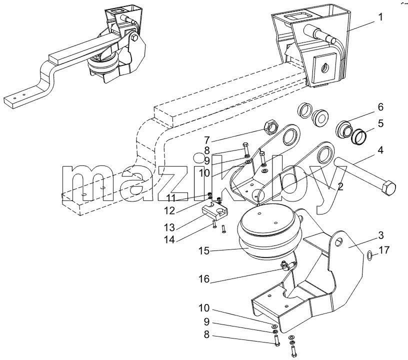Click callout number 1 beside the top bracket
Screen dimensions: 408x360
pyautogui.click(x=380, y=17)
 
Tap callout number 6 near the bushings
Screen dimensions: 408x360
pyautogui.click(x=380, y=107)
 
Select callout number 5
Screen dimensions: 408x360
pyautogui.click(x=380, y=123)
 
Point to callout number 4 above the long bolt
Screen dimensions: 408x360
pyautogui.click(x=380, y=150)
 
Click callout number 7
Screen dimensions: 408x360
pyautogui.click(x=207, y=140)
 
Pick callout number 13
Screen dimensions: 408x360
pyautogui.click(x=169, y=227)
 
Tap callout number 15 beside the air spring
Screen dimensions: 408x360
pyautogui.click(x=204, y=251)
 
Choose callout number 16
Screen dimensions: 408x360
pyautogui.click(x=204, y=279)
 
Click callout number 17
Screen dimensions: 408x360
pyautogui.click(x=384, y=250)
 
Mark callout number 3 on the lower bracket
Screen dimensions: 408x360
pyautogui.click(x=380, y=235)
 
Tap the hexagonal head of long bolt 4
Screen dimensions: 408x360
pyautogui.click(x=388, y=188)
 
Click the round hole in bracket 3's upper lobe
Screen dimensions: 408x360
pyautogui.click(x=338, y=242)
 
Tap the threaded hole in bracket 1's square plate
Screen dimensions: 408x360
pyautogui.click(x=324, y=68)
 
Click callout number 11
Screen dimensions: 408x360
pyautogui.click(x=171, y=198)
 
